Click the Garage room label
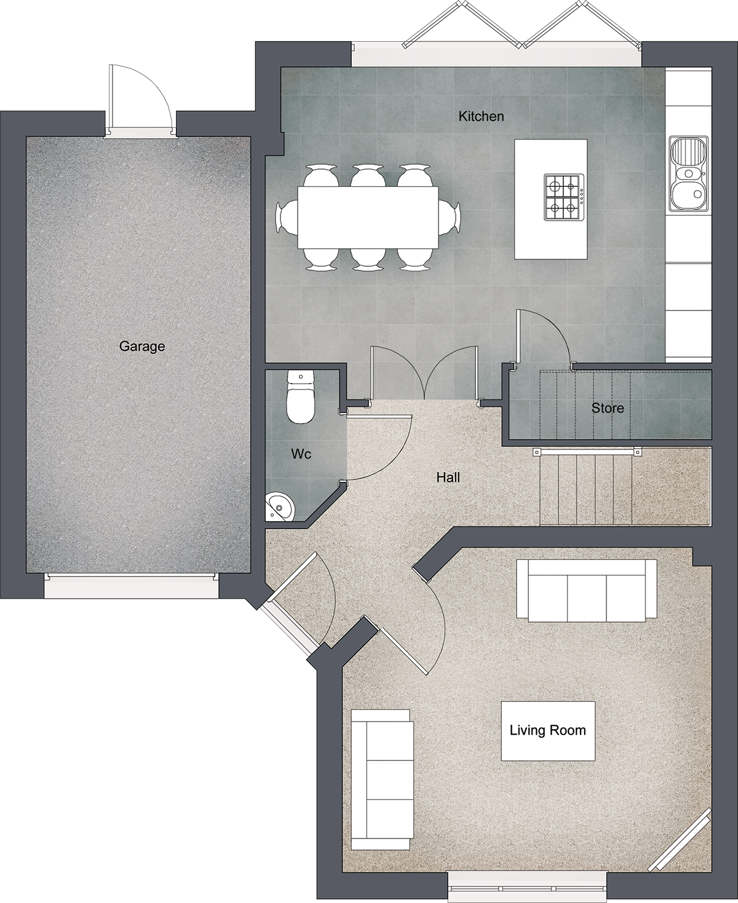pyautogui.click(x=142, y=346)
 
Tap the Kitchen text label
pyautogui.click(x=481, y=116)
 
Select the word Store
pyautogui.click(x=608, y=408)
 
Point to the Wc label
pyautogui.click(x=301, y=454)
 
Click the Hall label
pyautogui.click(x=448, y=477)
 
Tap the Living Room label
pyautogui.click(x=548, y=730)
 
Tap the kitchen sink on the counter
pyautogui.click(x=688, y=174)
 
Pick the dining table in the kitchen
pyautogui.click(x=368, y=217)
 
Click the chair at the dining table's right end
pyautogui.click(x=450, y=218)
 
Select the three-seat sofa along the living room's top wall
pyautogui.click(x=586, y=591)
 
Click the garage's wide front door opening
pyautogui.click(x=131, y=586)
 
